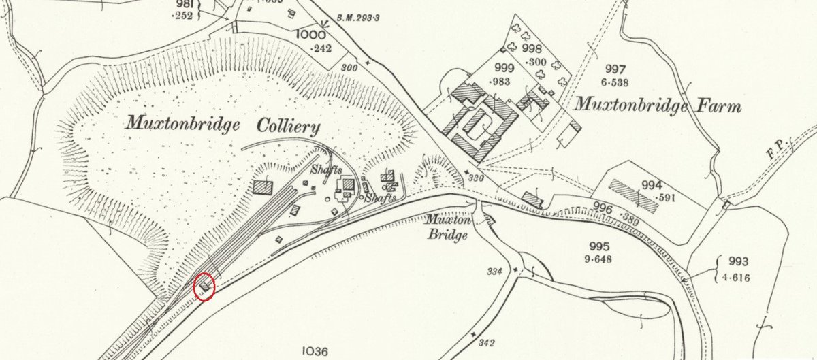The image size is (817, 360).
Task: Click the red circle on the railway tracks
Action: coord(205,286)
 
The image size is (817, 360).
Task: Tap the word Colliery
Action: coord(287,127)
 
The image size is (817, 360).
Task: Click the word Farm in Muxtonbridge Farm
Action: coord(713,106)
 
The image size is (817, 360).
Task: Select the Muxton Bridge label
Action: coord(447,227)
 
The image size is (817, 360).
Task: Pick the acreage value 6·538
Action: coord(615,82)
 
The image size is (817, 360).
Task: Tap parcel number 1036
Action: coord(314,351)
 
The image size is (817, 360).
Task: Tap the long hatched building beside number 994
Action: coord(633,197)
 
